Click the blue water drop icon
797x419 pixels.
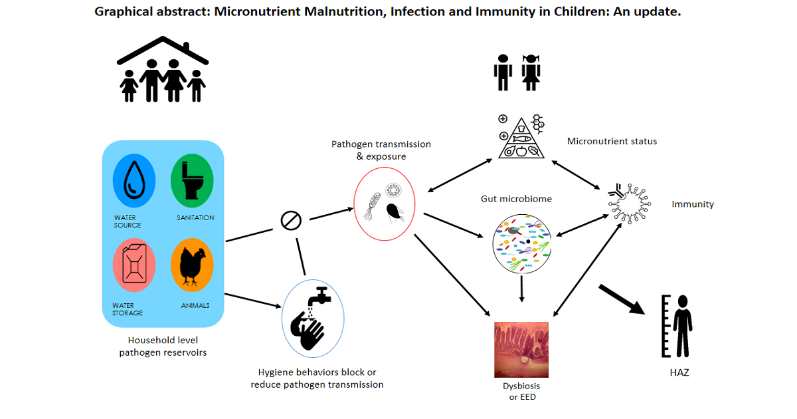[134, 180]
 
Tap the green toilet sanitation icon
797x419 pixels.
[191, 180]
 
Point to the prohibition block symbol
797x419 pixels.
[291, 221]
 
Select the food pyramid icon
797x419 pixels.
[521, 137]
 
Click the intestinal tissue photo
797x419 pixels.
[521, 349]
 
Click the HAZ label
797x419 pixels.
[679, 372]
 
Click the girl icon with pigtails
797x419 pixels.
[531, 72]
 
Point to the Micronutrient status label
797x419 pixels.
[612, 142]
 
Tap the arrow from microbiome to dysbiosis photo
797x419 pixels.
[522, 289]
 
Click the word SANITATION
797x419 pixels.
[195, 217]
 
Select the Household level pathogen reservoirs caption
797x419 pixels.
[163, 346]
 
